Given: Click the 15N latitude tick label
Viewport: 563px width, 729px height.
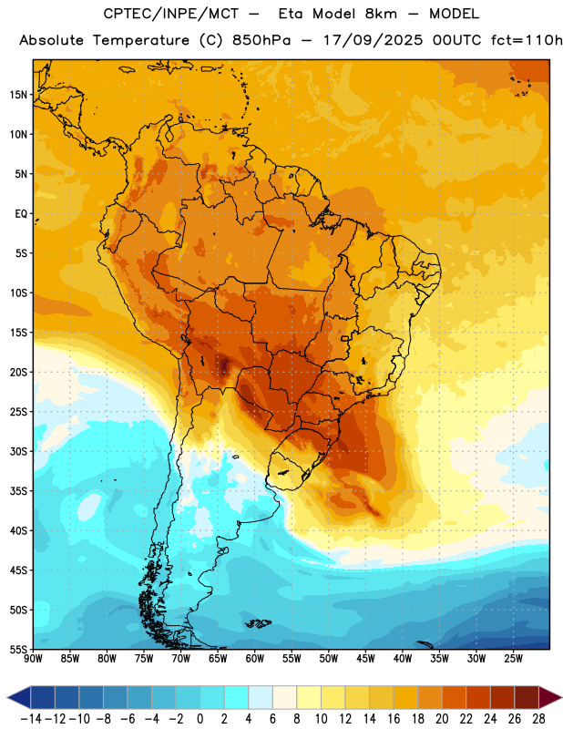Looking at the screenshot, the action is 18,95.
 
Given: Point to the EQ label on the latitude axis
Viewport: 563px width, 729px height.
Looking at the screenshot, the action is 21,214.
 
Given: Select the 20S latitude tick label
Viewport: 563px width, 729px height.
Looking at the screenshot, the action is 18,373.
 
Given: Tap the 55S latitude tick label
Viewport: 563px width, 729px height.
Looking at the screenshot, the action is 18,650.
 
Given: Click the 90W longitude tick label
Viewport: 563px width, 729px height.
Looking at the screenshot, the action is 33,659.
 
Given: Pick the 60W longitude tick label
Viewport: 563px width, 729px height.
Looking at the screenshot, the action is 255,659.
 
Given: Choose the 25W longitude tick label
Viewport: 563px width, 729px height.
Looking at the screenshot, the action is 513,659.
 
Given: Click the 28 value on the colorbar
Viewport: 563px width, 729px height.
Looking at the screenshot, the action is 538,719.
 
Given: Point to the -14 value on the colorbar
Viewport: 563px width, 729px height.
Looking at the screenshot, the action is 31,719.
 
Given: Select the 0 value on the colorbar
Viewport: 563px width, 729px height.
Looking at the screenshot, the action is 200,719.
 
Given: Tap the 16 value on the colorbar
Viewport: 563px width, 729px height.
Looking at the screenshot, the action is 394,719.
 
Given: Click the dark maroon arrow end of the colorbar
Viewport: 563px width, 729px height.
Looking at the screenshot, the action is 550,698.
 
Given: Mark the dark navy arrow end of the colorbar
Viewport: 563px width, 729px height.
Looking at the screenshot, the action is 19,698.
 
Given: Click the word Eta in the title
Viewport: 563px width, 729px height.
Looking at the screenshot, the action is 290,14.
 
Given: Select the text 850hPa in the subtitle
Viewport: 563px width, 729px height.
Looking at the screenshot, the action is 261,40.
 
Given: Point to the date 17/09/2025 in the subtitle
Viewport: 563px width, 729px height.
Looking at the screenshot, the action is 374,40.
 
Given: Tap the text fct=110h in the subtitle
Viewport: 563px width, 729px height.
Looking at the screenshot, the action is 527,40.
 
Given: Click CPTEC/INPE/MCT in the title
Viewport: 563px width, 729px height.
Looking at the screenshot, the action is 171,14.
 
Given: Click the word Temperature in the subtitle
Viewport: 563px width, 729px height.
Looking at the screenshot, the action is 141,41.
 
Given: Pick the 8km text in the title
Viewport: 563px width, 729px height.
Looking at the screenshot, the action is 381,14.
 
